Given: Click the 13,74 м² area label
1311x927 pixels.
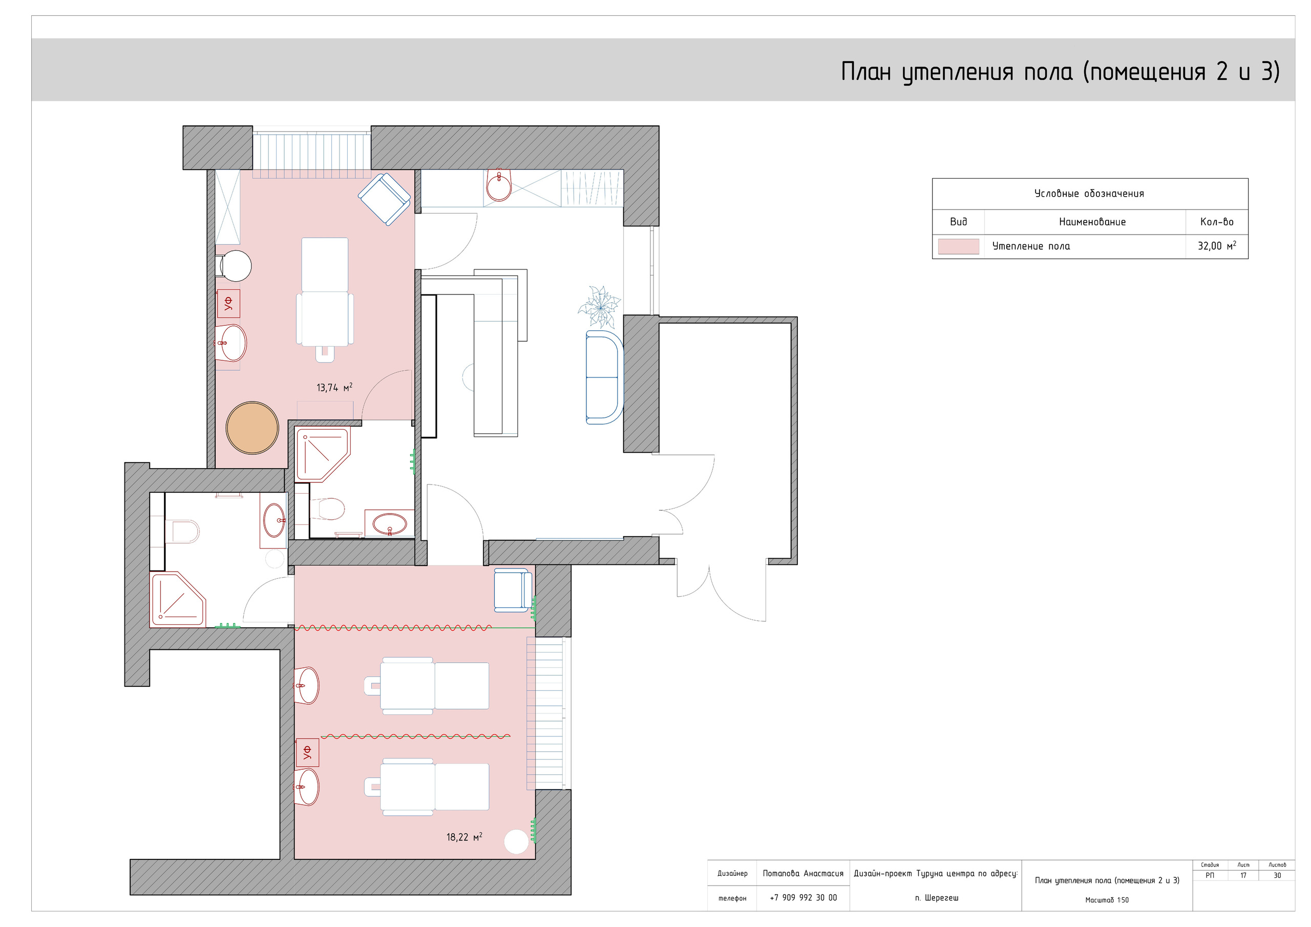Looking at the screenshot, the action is [x=334, y=387].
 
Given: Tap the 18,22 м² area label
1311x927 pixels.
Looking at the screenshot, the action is [x=464, y=837].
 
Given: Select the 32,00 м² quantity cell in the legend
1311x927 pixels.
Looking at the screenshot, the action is [x=1217, y=246].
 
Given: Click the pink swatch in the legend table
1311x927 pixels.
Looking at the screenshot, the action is [x=958, y=246].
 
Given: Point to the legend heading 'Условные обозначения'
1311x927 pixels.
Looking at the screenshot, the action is [x=1089, y=194].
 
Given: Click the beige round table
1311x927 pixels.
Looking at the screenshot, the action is [x=252, y=428].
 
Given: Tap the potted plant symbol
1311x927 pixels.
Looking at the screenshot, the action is [x=599, y=307].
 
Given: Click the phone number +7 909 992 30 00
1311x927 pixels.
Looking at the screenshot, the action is [x=803, y=897].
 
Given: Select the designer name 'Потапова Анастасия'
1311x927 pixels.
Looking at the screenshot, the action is [x=803, y=873].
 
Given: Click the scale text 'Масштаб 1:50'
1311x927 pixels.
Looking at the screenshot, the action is [x=1107, y=899].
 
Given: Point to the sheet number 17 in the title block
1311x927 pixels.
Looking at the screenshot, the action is [x=1243, y=875].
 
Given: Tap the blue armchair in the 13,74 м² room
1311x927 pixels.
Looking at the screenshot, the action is [x=384, y=199].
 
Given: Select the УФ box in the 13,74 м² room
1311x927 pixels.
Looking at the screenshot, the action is [x=228, y=303].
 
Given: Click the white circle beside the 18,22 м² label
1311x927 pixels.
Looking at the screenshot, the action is [x=516, y=841].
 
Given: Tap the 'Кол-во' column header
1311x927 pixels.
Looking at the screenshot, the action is [x=1217, y=222].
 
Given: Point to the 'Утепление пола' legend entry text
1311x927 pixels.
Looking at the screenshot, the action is [x=1031, y=246].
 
